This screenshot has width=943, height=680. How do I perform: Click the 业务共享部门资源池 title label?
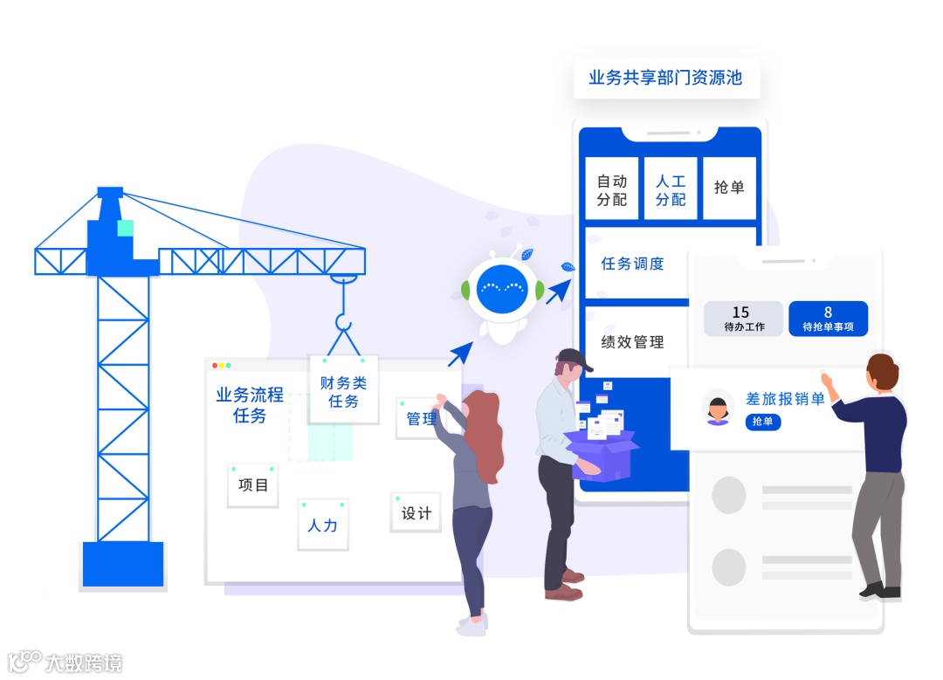pyautogui.click(x=665, y=78)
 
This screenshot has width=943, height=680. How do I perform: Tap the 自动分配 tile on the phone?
pyautogui.click(x=612, y=190)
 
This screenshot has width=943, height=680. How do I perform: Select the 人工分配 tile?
pyautogui.click(x=671, y=190)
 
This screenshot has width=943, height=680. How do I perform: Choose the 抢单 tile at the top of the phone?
pyautogui.click(x=729, y=188)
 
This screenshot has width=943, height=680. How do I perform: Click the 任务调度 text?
pyautogui.click(x=633, y=264)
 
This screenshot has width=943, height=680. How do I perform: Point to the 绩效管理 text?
pyautogui.click(x=633, y=342)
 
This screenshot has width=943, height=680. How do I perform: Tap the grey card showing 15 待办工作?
pyautogui.click(x=740, y=319)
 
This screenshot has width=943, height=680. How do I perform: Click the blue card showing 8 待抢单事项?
pyautogui.click(x=828, y=319)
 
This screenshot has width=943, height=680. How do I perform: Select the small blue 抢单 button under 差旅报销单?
pyautogui.click(x=763, y=422)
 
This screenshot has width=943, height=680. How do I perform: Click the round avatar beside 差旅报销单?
pyautogui.click(x=718, y=408)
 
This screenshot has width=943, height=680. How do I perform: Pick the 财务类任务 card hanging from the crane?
pyautogui.click(x=344, y=390)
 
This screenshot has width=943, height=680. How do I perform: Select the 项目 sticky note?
pyautogui.click(x=253, y=485)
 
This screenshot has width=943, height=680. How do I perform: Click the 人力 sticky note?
pyautogui.click(x=323, y=525)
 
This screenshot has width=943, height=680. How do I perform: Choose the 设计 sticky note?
pyautogui.click(x=416, y=512)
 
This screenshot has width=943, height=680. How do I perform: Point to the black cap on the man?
pyautogui.click(x=573, y=357)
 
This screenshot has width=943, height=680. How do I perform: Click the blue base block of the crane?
pyautogui.click(x=123, y=564)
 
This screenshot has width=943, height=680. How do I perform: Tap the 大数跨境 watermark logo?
pyautogui.click(x=65, y=663)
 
